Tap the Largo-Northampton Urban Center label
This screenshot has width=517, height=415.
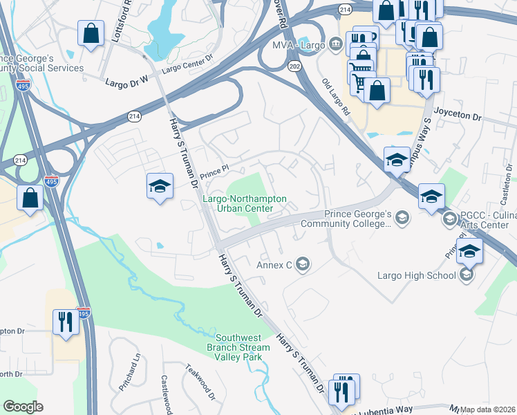244,203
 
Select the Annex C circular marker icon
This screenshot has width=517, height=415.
302,264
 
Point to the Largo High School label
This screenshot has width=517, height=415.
416,275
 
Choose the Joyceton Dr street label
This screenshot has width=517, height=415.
458,118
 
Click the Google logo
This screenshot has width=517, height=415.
23,407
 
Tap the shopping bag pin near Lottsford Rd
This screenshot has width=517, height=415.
91,33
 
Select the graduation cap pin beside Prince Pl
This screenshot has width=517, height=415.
160,186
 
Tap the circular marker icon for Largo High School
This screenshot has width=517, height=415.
467,275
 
